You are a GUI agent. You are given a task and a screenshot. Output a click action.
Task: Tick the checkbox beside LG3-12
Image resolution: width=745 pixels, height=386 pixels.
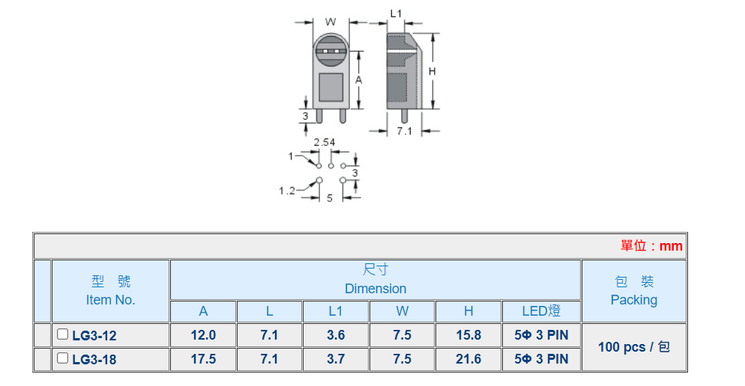(x=63, y=334)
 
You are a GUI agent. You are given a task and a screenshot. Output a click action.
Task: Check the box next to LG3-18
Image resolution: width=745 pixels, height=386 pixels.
(x=63, y=358)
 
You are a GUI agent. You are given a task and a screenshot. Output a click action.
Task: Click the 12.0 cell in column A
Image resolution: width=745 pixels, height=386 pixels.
(x=203, y=335)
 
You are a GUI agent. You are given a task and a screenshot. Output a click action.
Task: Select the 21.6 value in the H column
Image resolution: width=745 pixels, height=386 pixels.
(x=468, y=359)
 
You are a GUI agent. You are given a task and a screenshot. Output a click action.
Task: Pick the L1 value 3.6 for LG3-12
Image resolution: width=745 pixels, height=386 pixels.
(x=336, y=335)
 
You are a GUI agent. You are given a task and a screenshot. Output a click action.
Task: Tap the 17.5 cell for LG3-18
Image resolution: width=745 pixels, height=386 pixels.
(x=203, y=359)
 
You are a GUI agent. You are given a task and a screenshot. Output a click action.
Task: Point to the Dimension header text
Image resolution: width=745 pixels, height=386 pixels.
(x=375, y=289)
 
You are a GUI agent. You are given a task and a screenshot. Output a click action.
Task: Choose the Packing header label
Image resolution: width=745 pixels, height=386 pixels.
(x=633, y=300)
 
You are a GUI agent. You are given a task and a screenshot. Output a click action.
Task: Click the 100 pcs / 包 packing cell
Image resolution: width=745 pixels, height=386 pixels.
(x=633, y=347)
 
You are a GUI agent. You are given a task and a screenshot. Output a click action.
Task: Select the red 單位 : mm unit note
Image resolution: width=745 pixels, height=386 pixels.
(x=651, y=246)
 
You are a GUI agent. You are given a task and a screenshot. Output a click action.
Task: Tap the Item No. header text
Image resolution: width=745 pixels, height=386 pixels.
(x=110, y=300)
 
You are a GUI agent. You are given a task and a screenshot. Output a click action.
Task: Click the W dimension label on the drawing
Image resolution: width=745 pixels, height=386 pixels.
(x=330, y=22)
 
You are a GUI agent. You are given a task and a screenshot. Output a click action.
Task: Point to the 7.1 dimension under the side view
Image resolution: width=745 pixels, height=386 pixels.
(x=405, y=131)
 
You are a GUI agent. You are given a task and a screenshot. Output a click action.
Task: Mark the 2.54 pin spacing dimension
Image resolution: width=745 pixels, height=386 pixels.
(x=324, y=143)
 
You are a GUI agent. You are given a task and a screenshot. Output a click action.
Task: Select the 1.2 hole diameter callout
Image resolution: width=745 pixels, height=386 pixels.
(x=287, y=191)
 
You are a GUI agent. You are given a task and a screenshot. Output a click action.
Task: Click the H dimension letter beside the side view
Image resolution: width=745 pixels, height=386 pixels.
(x=432, y=71)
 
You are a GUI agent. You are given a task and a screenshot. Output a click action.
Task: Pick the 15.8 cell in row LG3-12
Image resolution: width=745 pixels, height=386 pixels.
(x=468, y=335)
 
